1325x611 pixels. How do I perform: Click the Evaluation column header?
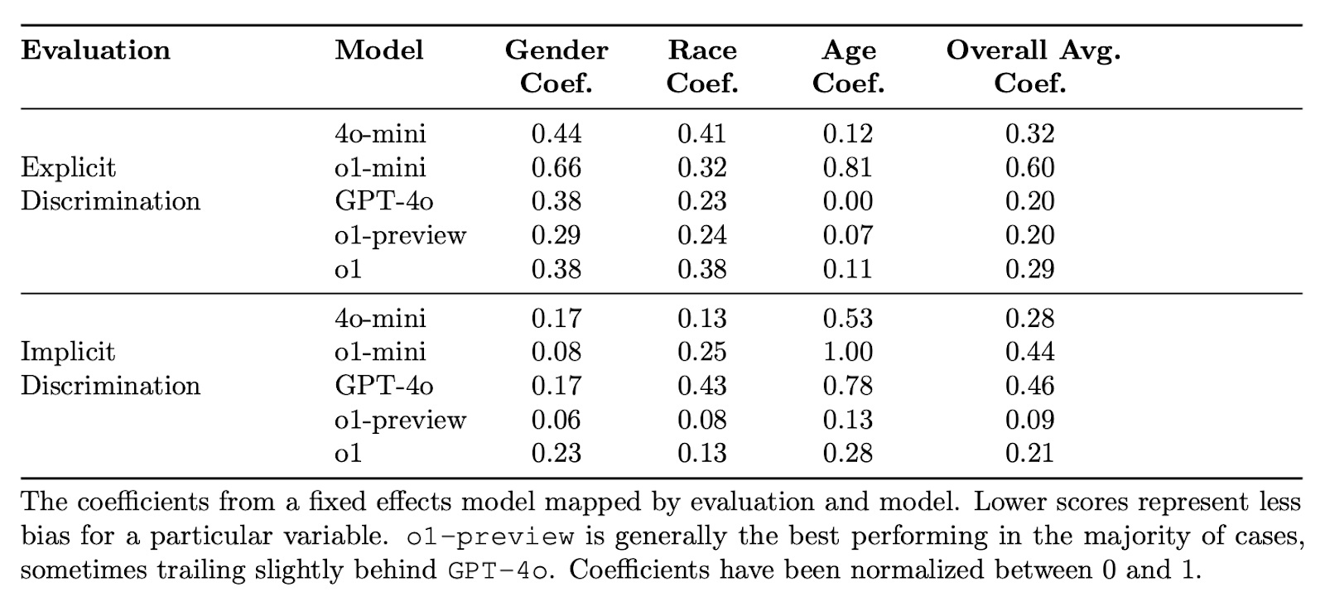tap(95, 51)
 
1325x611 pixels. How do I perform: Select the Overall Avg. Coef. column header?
tap(1033, 66)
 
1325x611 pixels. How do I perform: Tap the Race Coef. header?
tap(702, 66)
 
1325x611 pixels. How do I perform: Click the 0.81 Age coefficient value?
tap(847, 168)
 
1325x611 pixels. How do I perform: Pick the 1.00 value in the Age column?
tap(847, 352)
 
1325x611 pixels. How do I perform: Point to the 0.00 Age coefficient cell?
tap(847, 202)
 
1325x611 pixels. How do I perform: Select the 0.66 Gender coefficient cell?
tap(556, 168)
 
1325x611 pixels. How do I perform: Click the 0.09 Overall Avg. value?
tap(1029, 420)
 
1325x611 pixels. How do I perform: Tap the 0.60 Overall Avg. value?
tap(1029, 168)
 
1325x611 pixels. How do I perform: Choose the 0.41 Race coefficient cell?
tap(702, 134)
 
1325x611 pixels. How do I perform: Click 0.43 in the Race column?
tap(702, 386)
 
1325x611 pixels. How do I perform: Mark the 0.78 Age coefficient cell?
tap(847, 386)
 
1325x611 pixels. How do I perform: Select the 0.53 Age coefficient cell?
tap(847, 319)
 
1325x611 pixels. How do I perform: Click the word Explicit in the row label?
tap(68, 168)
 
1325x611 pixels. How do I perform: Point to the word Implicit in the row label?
tap(68, 352)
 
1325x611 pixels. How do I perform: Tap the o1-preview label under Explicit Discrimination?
tap(401, 236)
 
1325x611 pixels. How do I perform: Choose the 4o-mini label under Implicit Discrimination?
tap(380, 319)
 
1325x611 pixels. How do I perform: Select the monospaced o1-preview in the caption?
tap(491, 536)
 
